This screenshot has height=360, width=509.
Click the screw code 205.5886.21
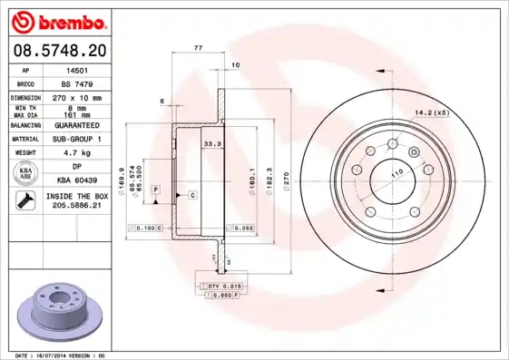click(x=77, y=207)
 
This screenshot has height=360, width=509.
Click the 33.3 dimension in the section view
click(x=211, y=143)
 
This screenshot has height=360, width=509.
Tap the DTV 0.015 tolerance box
click(x=220, y=287)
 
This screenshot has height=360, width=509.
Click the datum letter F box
click(x=156, y=189)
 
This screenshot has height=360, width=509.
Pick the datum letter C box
click(x=192, y=195)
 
